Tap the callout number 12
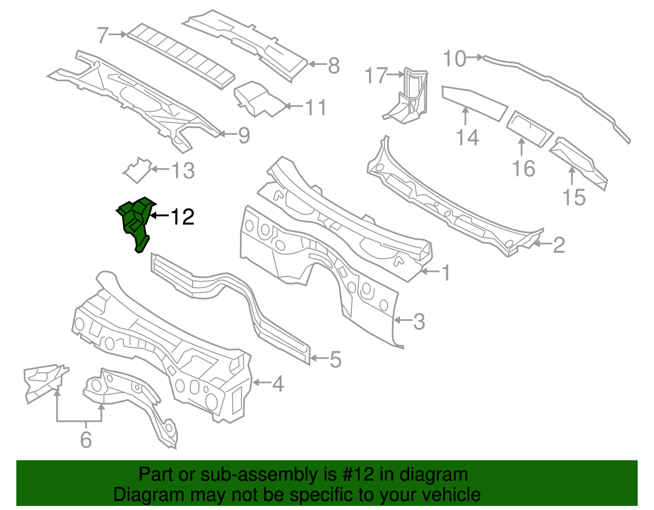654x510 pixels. (182, 217)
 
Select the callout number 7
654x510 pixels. (103, 35)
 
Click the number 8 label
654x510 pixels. (334, 65)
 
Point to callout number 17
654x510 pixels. (375, 76)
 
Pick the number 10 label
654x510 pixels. (454, 59)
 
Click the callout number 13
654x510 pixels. (183, 170)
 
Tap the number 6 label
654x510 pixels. (86, 439)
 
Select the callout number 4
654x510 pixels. (278, 384)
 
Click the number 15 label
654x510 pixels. (574, 197)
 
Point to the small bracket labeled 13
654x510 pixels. (138, 170)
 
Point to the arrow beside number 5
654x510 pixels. (318, 359)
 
